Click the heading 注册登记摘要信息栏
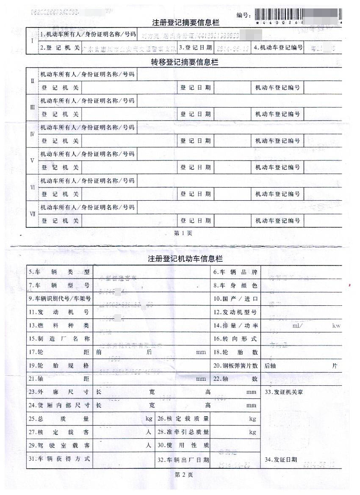pyautogui.click(x=186, y=22)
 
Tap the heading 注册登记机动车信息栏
pyautogui.click(x=185, y=259)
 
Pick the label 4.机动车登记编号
pyautogui.click(x=278, y=47)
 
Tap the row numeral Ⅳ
pyautogui.click(x=32, y=134)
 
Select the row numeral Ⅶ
pyautogui.click(x=32, y=214)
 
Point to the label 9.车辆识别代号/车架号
pyautogui.click(x=60, y=299)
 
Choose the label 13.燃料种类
pyautogui.click(x=59, y=326)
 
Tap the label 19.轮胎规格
pyautogui.click(x=59, y=365)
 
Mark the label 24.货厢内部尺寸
pyautogui.click(x=59, y=405)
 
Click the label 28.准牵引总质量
pyautogui.click(x=183, y=432)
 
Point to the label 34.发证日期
pyautogui.click(x=280, y=459)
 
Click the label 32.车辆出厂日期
pyautogui.click(x=183, y=459)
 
